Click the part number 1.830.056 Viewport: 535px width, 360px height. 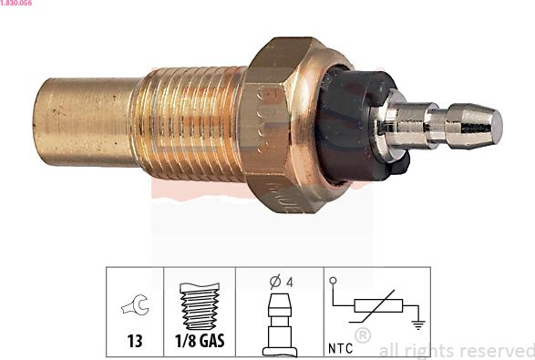click(17, 5)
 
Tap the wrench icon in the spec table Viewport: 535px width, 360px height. click(134, 308)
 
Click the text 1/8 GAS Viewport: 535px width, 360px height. click(200, 344)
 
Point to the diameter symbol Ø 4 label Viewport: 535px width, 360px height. click(279, 283)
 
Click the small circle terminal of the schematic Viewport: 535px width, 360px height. click(334, 281)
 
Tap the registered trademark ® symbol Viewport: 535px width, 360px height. click(362, 336)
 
